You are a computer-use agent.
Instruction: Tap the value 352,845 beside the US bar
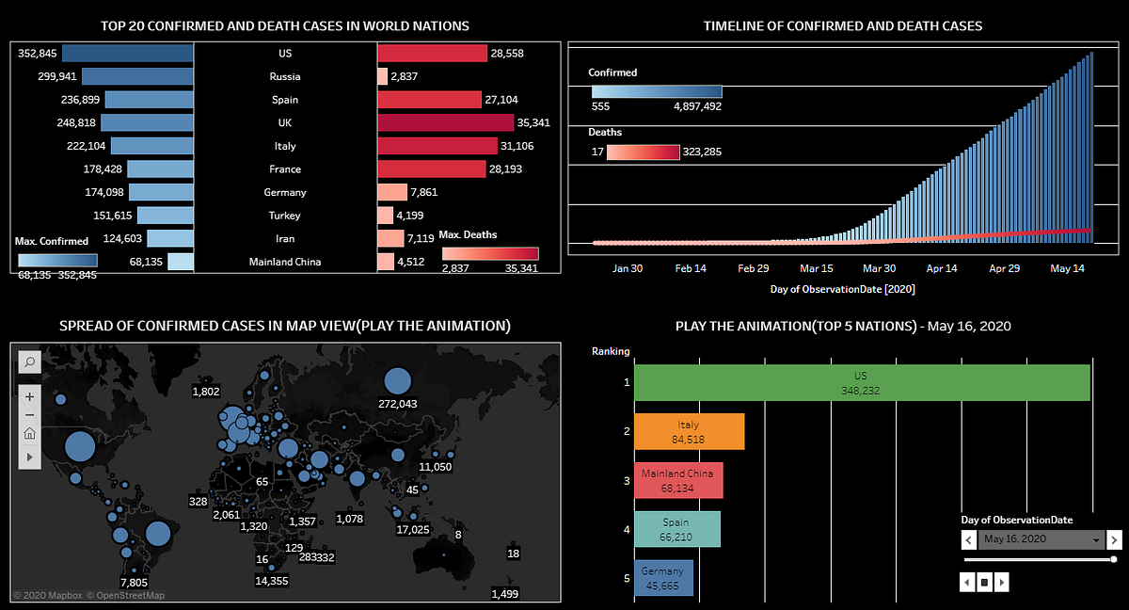[39, 54]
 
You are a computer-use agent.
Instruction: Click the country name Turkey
[285, 216]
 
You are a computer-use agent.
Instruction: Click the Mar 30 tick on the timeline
[879, 268]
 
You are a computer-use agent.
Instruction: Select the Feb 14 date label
[691, 268]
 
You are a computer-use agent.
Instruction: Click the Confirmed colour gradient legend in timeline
[657, 92]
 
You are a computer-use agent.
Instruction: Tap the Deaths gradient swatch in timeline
[643, 152]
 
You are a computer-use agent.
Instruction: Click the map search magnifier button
[29, 361]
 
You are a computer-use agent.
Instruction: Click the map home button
[29, 434]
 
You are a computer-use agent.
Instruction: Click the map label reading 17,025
[413, 530]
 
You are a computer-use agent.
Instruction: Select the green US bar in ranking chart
[862, 383]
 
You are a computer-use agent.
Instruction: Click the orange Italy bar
[689, 432]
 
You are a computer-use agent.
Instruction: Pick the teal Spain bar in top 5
[677, 529]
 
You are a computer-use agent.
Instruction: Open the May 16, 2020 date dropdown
[1041, 539]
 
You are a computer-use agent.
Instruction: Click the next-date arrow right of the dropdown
[1114, 539]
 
